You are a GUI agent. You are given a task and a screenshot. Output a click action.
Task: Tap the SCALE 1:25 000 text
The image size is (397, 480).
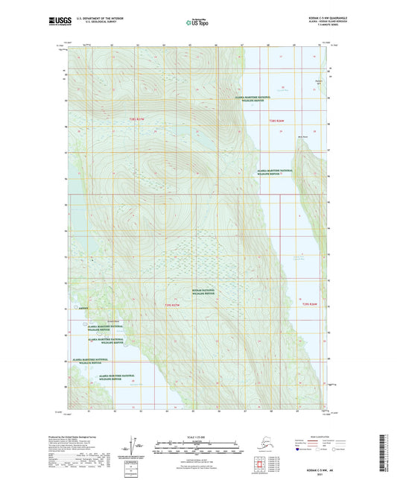point(197,435)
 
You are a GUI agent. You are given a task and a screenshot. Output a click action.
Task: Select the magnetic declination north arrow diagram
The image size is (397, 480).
point(135,445)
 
